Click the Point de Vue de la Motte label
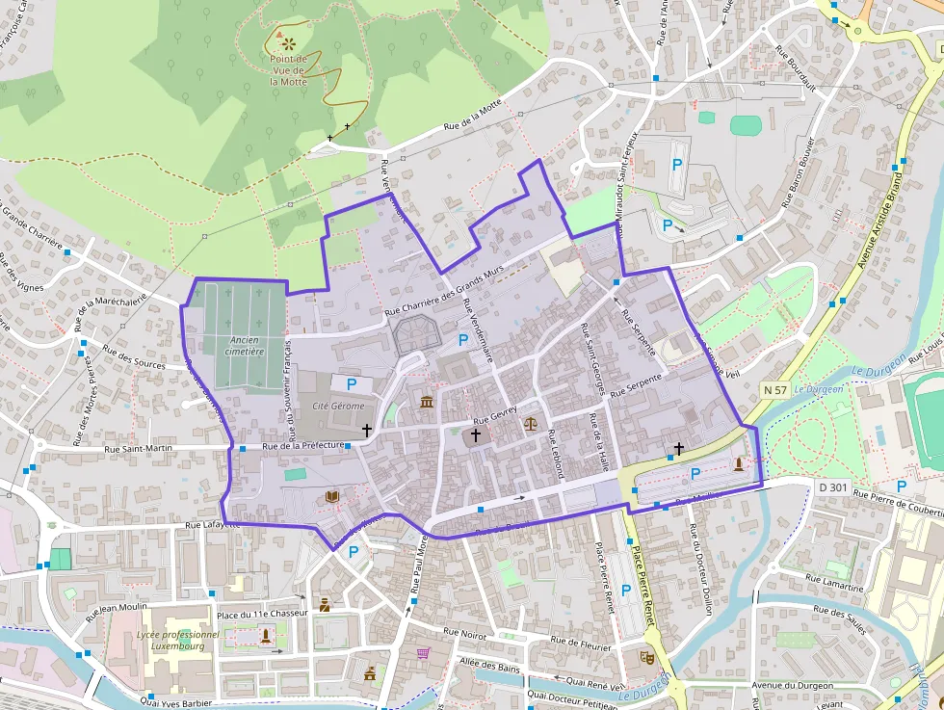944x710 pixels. [288, 70]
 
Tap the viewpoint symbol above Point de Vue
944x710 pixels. [288, 43]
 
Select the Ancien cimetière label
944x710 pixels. [245, 346]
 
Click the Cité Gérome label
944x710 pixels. [338, 407]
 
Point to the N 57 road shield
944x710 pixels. [775, 390]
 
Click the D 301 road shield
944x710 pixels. [833, 487]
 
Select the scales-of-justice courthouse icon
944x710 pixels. [530, 422]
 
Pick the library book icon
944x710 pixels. [332, 496]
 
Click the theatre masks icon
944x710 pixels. [646, 657]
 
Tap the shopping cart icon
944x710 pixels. [422, 653]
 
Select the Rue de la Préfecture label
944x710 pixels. [303, 446]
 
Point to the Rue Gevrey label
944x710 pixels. [495, 415]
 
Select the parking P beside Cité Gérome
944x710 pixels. [352, 384]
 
